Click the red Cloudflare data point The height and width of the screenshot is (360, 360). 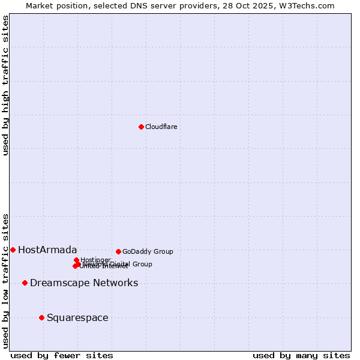click(141, 127)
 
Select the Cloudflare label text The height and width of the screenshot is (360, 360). click(161, 127)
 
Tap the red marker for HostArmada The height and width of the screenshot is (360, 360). click(13, 250)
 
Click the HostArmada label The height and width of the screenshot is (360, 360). click(47, 250)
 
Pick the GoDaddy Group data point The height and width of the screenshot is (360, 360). click(118, 251)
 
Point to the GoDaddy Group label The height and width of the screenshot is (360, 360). click(148, 251)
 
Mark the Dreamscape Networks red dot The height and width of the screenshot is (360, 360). click(25, 283)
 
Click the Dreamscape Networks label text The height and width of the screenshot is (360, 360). click(84, 283)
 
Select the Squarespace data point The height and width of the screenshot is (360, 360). click(41, 317)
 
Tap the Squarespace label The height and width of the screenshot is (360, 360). click(77, 317)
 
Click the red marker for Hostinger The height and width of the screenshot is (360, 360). click(76, 260)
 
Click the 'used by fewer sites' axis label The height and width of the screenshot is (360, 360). click(62, 355)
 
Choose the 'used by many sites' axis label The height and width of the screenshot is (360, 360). click(301, 355)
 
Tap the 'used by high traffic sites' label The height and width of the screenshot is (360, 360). click(6, 85)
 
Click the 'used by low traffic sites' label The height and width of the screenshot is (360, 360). click(6, 280)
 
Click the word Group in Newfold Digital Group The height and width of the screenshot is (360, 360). click(142, 264)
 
